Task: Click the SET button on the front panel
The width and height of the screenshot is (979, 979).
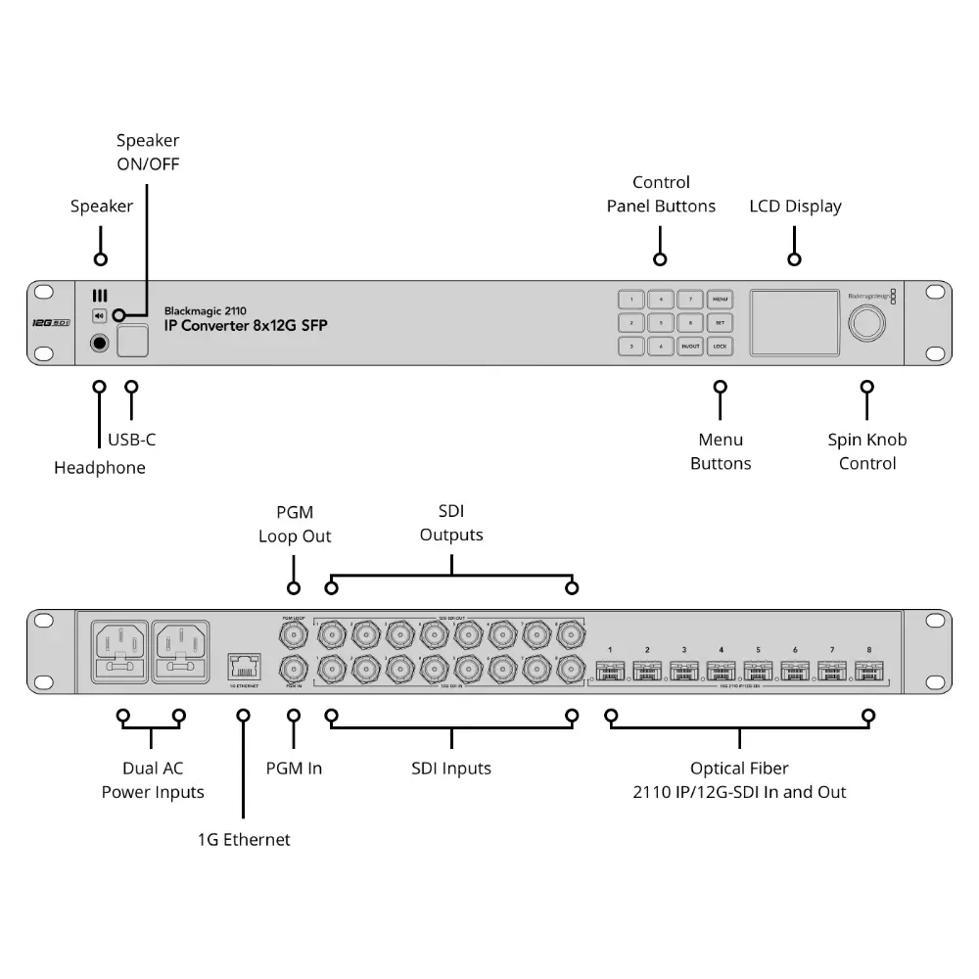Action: (720, 322)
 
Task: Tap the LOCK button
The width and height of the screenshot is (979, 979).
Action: (720, 347)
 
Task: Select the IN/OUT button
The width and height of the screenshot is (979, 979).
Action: (690, 347)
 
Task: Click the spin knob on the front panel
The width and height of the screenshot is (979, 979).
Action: (867, 323)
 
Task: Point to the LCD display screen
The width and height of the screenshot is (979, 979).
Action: (795, 322)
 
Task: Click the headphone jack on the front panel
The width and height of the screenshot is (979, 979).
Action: (99, 343)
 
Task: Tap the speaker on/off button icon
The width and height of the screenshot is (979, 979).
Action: (99, 315)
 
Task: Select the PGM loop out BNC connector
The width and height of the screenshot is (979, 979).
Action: (293, 636)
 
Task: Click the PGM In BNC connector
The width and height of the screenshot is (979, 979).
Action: (293, 671)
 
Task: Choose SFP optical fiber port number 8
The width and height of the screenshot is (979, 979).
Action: (867, 672)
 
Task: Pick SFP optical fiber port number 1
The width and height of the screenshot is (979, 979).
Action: (610, 672)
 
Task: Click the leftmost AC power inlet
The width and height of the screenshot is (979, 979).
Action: (119, 652)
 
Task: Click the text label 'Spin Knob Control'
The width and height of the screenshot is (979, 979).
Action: (867, 451)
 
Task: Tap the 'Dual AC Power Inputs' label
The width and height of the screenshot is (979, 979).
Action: (153, 780)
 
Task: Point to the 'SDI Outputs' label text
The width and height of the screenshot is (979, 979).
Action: (451, 523)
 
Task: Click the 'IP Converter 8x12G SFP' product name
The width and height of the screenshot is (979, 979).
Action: (246, 326)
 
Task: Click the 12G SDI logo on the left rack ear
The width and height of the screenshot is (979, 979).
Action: (49, 323)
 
